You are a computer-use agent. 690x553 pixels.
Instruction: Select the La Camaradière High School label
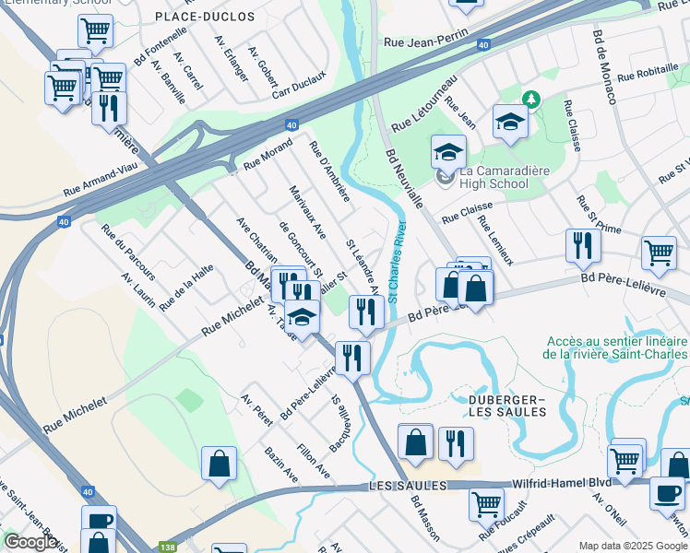pos(481,177)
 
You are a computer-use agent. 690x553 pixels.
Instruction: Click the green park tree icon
pos(531,98)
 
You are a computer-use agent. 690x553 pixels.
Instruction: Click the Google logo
pos(30,542)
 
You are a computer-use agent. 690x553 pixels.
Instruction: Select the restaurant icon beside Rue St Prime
pos(582,245)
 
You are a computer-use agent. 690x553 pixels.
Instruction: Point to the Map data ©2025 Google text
pos(632,546)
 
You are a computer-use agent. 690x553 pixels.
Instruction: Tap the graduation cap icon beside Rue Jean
pos(510,121)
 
